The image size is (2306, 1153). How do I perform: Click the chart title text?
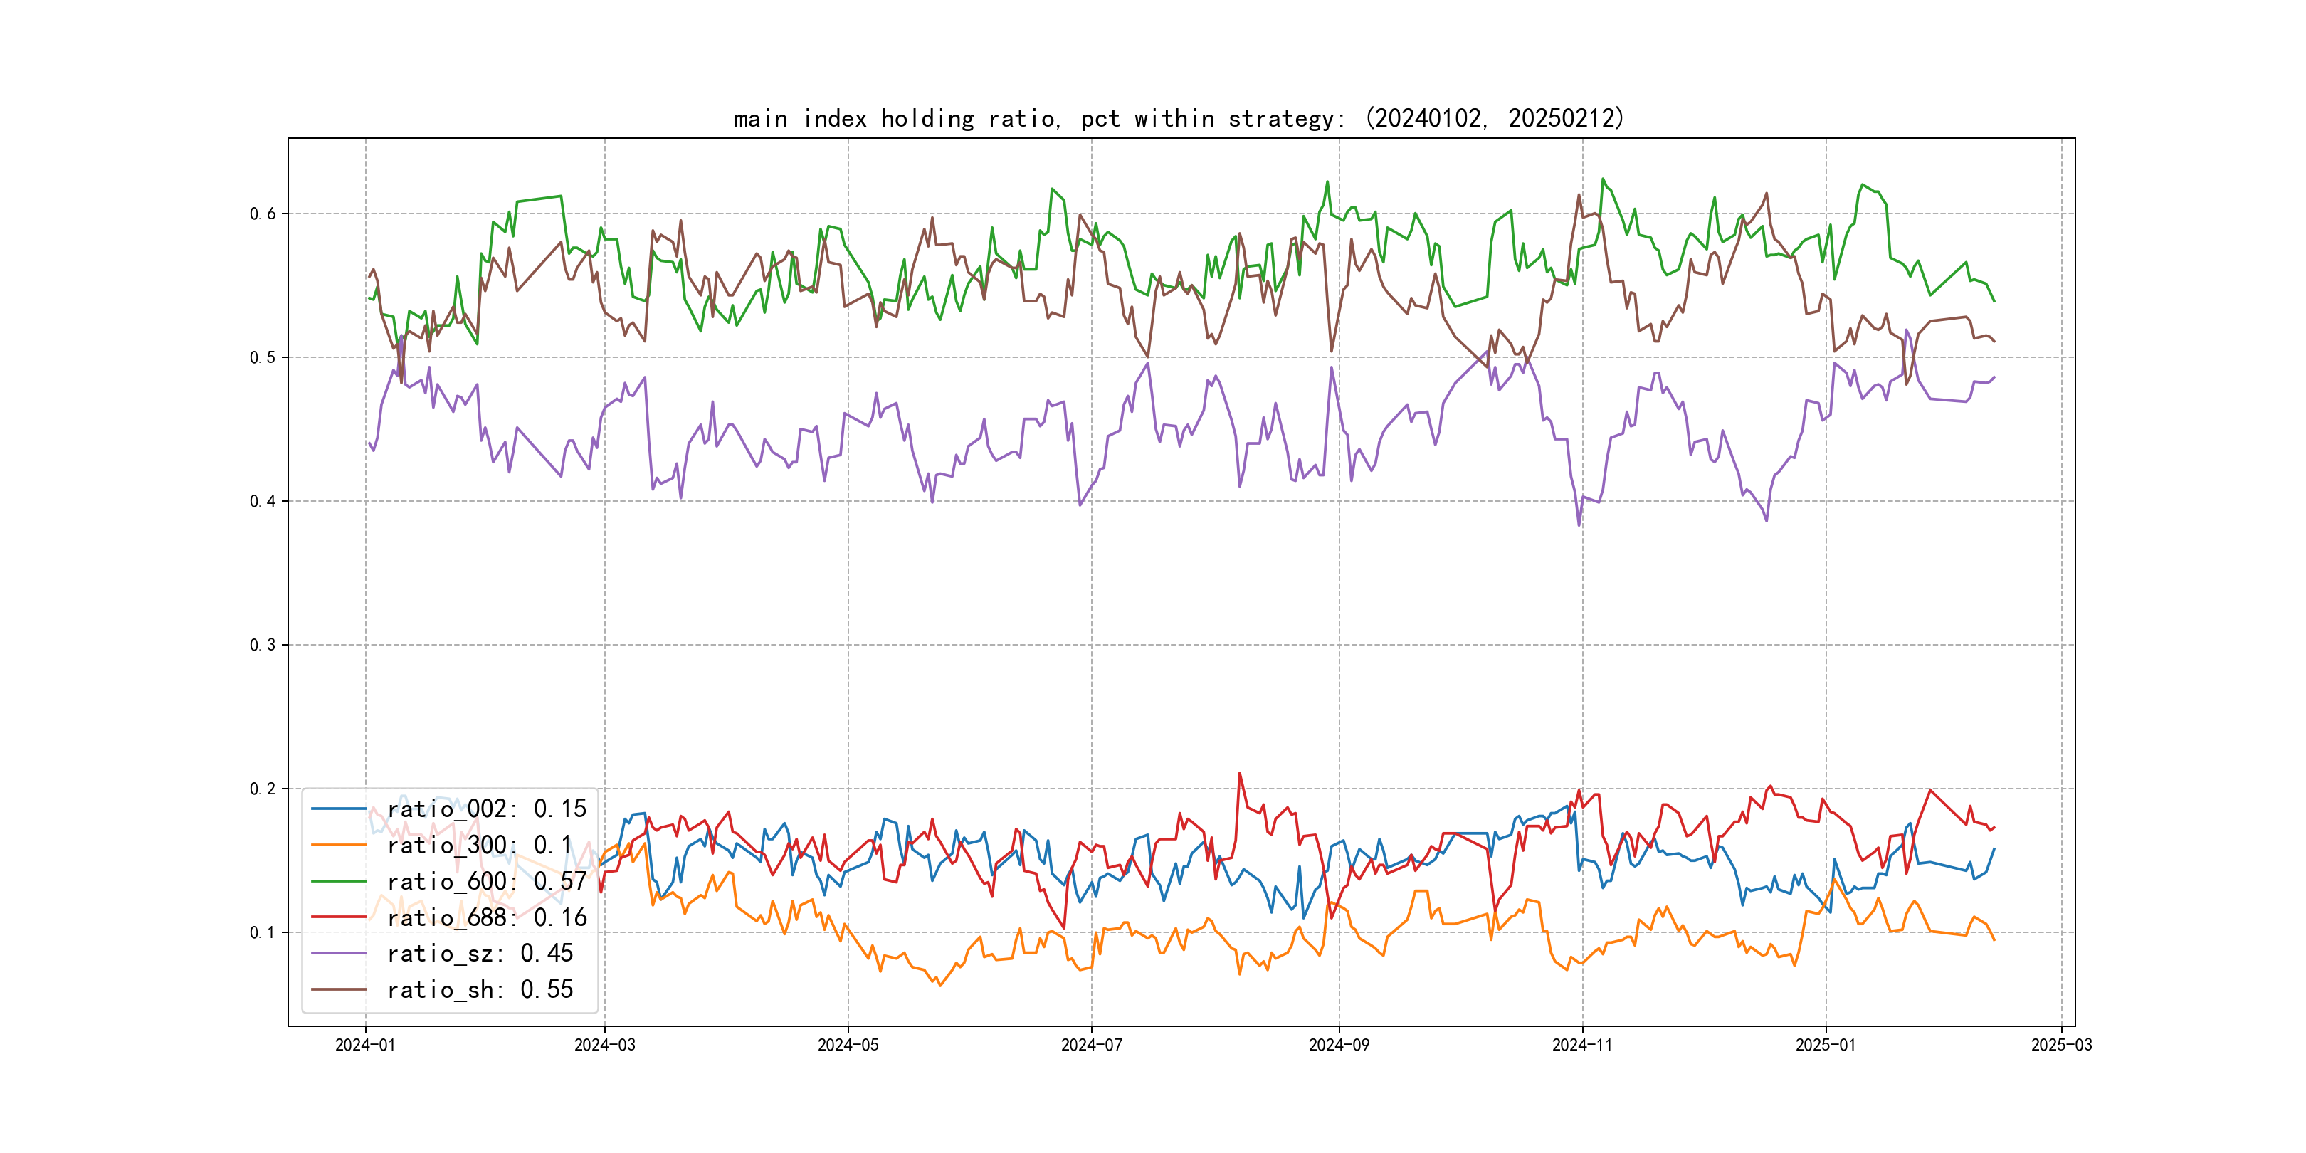1179,118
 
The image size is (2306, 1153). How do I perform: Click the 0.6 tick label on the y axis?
263,213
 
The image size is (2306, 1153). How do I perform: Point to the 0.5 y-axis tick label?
263,357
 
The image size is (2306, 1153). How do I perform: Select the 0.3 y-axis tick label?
263,645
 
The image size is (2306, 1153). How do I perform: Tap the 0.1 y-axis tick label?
263,932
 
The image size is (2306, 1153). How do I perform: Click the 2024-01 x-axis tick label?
365,1045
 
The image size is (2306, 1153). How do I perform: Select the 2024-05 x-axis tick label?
848,1045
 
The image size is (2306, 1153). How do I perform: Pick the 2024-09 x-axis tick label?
1338,1045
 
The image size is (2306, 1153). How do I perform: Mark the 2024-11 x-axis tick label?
1581,1045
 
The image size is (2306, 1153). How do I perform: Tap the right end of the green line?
1994,302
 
